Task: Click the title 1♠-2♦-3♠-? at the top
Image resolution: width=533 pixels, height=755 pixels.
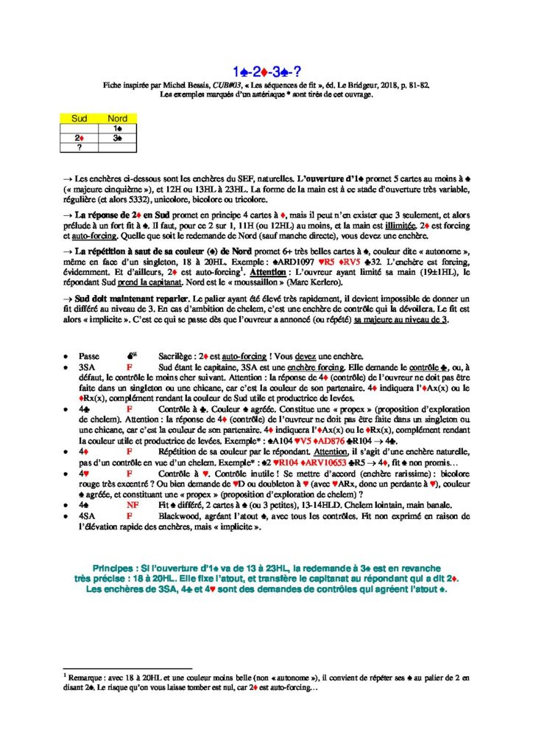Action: (x=266, y=72)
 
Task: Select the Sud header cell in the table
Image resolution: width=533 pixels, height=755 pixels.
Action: (x=79, y=118)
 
